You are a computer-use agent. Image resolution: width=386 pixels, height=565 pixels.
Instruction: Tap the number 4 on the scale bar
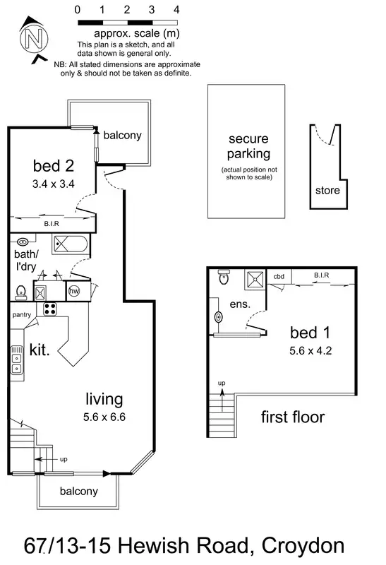[176, 11]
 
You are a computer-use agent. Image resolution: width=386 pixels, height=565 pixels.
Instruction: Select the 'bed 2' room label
[53, 166]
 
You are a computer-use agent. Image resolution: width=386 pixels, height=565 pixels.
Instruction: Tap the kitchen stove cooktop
[51, 308]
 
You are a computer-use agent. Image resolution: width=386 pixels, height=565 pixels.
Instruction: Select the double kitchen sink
[16, 360]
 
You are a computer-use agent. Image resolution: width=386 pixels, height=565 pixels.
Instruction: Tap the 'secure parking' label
[246, 145]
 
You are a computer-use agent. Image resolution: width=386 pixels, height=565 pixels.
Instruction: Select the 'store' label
[327, 190]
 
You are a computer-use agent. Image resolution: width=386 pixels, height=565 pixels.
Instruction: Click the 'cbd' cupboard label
[280, 278]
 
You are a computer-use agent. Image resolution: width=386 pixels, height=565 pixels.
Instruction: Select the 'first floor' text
[293, 417]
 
